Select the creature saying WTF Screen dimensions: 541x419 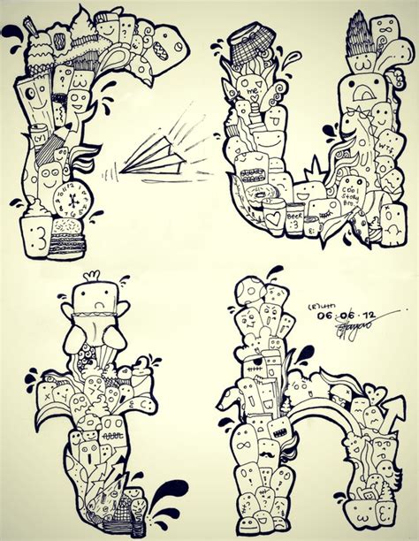coord(387,141)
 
